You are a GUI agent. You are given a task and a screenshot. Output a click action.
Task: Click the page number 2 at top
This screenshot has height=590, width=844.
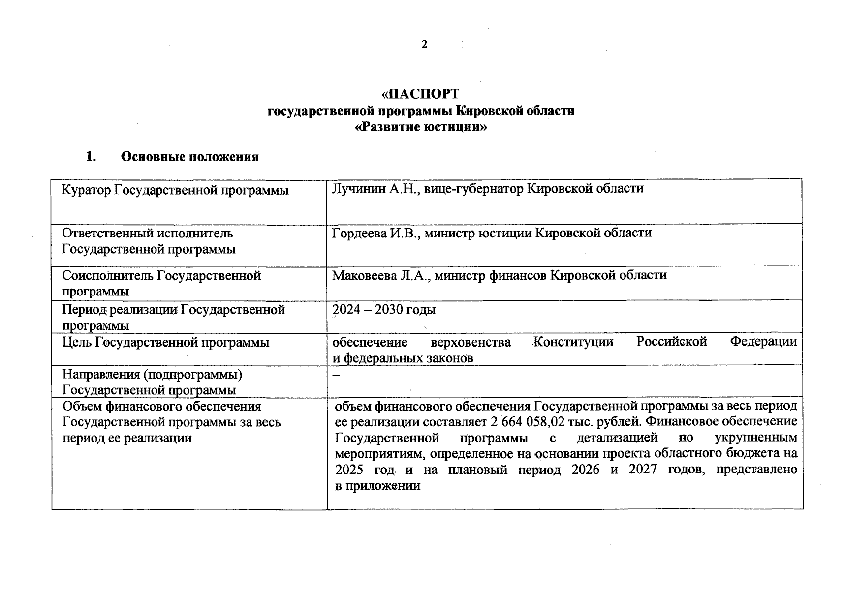[424, 45]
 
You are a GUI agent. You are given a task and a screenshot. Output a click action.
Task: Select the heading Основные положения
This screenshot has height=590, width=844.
[189, 157]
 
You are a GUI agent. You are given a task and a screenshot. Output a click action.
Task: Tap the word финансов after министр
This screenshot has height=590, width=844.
[517, 275]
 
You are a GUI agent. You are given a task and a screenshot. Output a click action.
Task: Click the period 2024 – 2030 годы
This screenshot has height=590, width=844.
[384, 310]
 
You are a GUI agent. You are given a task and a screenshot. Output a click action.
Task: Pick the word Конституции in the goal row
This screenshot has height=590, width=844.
[573, 342]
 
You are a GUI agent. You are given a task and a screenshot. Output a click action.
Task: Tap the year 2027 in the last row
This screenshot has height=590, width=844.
[642, 470]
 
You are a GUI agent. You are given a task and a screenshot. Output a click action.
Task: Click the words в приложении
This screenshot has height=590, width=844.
[377, 486]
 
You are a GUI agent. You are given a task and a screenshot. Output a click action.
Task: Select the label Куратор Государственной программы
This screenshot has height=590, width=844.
[175, 190]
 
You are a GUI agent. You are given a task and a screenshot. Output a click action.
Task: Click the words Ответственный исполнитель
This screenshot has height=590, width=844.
[147, 233]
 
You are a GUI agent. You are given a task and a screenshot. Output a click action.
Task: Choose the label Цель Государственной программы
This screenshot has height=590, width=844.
[165, 342]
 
